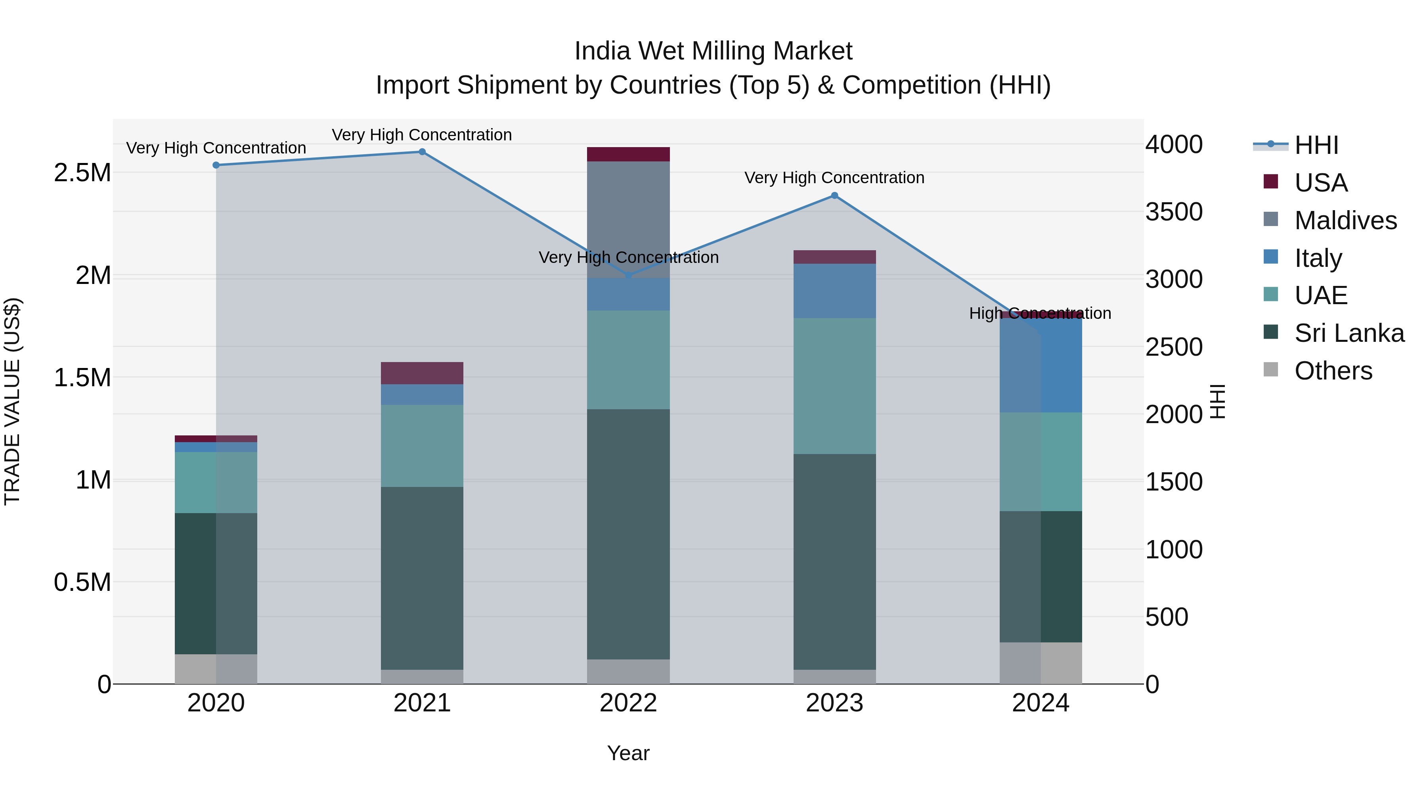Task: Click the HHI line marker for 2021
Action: pyautogui.click(x=422, y=152)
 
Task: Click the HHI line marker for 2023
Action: pyautogui.click(x=835, y=195)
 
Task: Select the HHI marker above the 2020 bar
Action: pyautogui.click(x=216, y=165)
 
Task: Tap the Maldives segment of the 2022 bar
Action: pyautogui.click(x=628, y=219)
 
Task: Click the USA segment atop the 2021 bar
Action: pyautogui.click(x=422, y=373)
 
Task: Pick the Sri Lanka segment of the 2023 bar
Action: pyautogui.click(x=835, y=562)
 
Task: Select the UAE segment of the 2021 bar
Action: pyautogui.click(x=422, y=446)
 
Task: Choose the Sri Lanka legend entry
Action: pyautogui.click(x=1349, y=333)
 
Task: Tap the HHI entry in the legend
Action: pyautogui.click(x=1316, y=145)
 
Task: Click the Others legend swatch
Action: pyautogui.click(x=1271, y=370)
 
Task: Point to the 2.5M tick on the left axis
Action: pyautogui.click(x=82, y=173)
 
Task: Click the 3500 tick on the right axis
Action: pyautogui.click(x=1174, y=212)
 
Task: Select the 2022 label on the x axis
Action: pyautogui.click(x=628, y=703)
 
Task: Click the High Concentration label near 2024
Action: pyautogui.click(x=1040, y=314)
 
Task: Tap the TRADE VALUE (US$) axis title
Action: pyautogui.click(x=12, y=401)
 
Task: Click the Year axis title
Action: pyautogui.click(x=628, y=753)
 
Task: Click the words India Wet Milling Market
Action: pyautogui.click(x=713, y=51)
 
